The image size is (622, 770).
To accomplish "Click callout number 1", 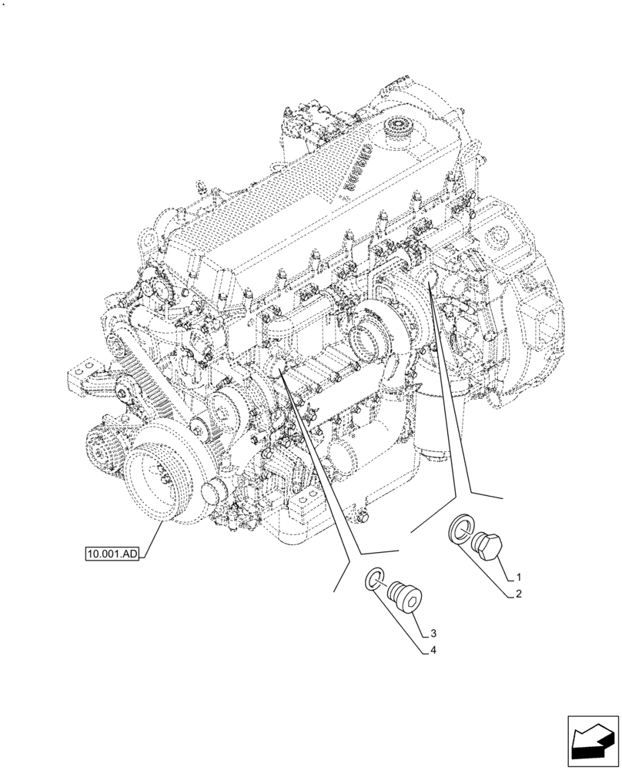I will [x=520, y=577].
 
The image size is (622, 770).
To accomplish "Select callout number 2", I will [x=520, y=594].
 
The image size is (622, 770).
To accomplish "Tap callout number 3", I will [x=433, y=634].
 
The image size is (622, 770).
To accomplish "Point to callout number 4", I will [x=433, y=651].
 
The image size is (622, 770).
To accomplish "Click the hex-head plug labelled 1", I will [x=488, y=544].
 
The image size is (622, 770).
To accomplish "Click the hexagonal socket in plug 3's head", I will [x=413, y=599].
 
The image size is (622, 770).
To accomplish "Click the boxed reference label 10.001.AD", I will [x=112, y=553].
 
